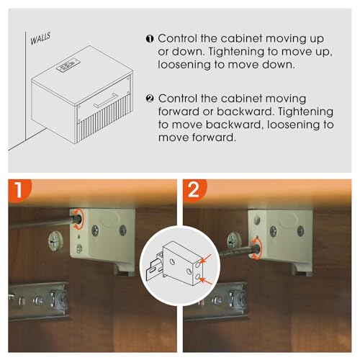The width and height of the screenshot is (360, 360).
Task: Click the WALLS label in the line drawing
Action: (40, 39)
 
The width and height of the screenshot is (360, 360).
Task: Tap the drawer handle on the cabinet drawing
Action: (106, 100)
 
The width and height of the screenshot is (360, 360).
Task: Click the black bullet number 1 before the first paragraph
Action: (150, 39)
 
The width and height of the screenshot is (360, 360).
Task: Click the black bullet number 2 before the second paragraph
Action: (150, 99)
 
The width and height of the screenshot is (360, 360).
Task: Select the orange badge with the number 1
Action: (19, 190)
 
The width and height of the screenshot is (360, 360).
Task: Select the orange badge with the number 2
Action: (194, 190)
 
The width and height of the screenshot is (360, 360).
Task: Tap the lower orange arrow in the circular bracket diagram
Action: (206, 281)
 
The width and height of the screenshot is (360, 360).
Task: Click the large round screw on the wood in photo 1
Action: (55, 240)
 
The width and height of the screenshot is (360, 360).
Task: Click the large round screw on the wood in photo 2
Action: (234, 240)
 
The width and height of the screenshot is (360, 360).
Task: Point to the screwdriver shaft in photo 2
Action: (238, 253)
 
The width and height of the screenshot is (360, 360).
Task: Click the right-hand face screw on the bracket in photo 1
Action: (123, 230)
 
